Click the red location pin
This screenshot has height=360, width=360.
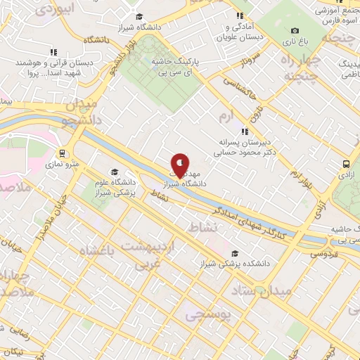180,165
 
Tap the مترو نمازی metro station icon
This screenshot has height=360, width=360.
63,153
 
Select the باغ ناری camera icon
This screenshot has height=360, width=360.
295,30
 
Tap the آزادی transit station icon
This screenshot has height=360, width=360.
345,163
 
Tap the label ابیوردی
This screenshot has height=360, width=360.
56,9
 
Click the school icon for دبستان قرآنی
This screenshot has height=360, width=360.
53,52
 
